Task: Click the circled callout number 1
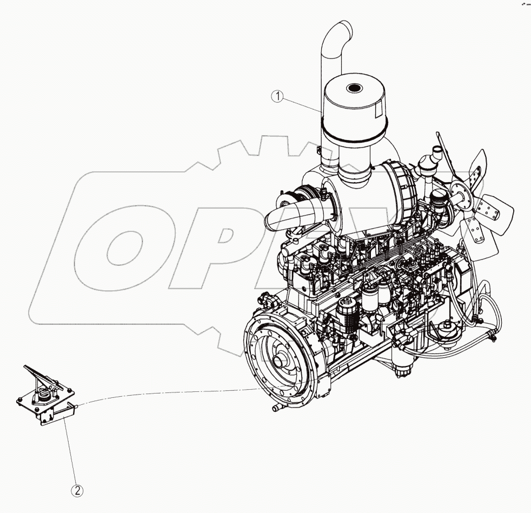point(278,97)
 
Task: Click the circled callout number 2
point(78,491)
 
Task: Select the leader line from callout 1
point(303,105)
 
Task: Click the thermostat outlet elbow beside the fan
point(433,159)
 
